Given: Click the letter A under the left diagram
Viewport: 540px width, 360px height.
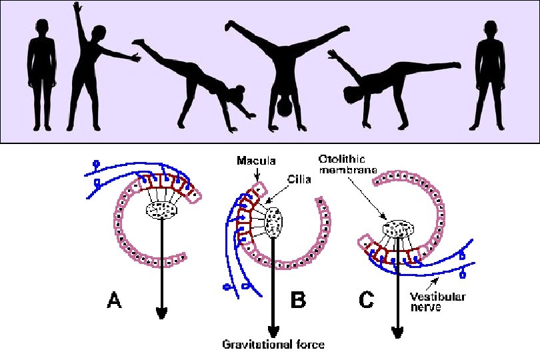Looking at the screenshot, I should [x=114, y=302].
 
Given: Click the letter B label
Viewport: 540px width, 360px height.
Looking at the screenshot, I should [x=298, y=301].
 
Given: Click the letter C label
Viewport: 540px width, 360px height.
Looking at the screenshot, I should [x=367, y=301].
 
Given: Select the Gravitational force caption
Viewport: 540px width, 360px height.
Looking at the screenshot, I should [x=273, y=345].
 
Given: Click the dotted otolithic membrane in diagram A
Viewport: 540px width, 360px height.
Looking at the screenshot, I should [x=160, y=211].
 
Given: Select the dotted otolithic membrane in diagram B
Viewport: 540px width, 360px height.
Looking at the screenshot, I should [x=274, y=222].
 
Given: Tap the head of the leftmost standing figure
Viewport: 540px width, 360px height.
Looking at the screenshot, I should [x=39, y=29].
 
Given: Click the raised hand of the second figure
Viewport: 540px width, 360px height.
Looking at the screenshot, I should [x=76, y=7].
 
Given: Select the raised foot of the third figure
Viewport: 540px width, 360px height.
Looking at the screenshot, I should [x=137, y=43].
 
